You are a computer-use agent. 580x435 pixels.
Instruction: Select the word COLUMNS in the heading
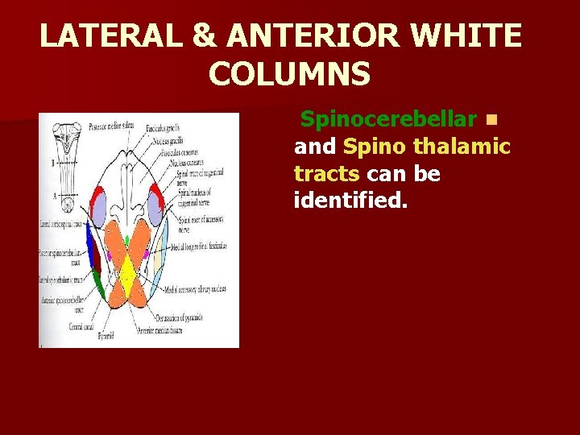[289, 74]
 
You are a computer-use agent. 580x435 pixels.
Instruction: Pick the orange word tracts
[326, 173]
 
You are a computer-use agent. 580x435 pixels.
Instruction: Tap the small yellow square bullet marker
[491, 121]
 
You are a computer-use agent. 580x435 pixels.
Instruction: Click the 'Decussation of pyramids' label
[182, 317]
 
